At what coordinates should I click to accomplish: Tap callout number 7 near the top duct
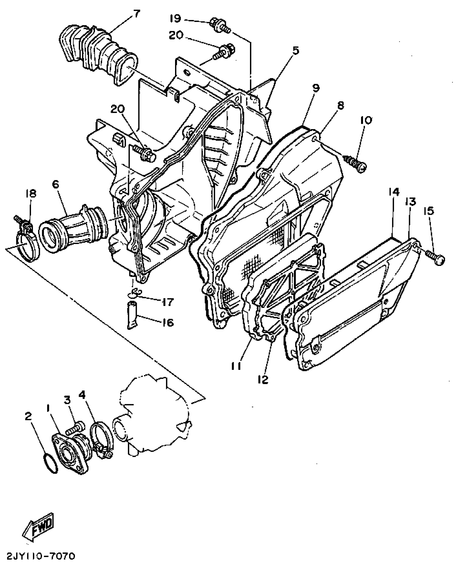tap(136, 14)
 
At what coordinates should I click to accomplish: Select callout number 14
tap(394, 192)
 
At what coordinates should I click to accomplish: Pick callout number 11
tap(236, 366)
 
